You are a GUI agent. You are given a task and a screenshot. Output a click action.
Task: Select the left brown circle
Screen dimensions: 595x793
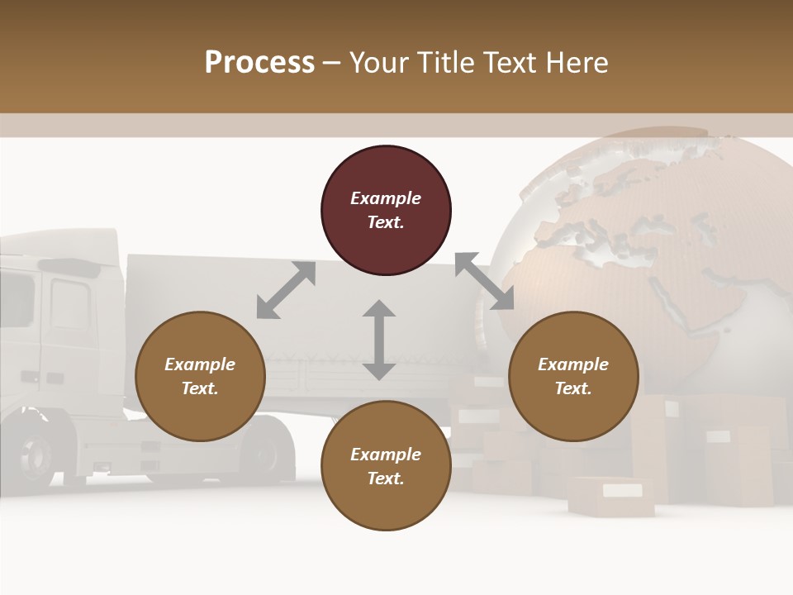pos(200,376)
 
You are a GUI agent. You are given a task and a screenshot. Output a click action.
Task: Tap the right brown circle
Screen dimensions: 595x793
pos(573,376)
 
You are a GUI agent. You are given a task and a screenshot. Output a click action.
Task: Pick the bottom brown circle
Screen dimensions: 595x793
pos(386,466)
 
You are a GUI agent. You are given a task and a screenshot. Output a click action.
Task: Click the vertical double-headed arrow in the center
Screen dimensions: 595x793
pos(379,340)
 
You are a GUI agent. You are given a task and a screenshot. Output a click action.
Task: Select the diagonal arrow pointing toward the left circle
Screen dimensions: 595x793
pos(286,290)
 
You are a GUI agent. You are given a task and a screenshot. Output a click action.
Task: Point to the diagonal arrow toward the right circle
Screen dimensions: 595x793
pos(484,281)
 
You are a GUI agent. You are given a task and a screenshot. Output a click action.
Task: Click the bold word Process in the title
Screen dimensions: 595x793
pos(259,62)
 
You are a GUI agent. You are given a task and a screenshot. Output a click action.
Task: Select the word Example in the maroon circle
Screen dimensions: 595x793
pos(386,198)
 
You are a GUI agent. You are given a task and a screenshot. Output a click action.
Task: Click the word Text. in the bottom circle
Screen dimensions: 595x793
pos(386,478)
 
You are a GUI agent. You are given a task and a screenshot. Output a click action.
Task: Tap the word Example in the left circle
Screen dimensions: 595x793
pos(200,364)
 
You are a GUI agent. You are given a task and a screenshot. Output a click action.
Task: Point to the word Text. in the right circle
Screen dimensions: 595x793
pos(573,388)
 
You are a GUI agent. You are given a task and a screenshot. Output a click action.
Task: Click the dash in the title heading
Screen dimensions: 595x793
pos(332,63)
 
